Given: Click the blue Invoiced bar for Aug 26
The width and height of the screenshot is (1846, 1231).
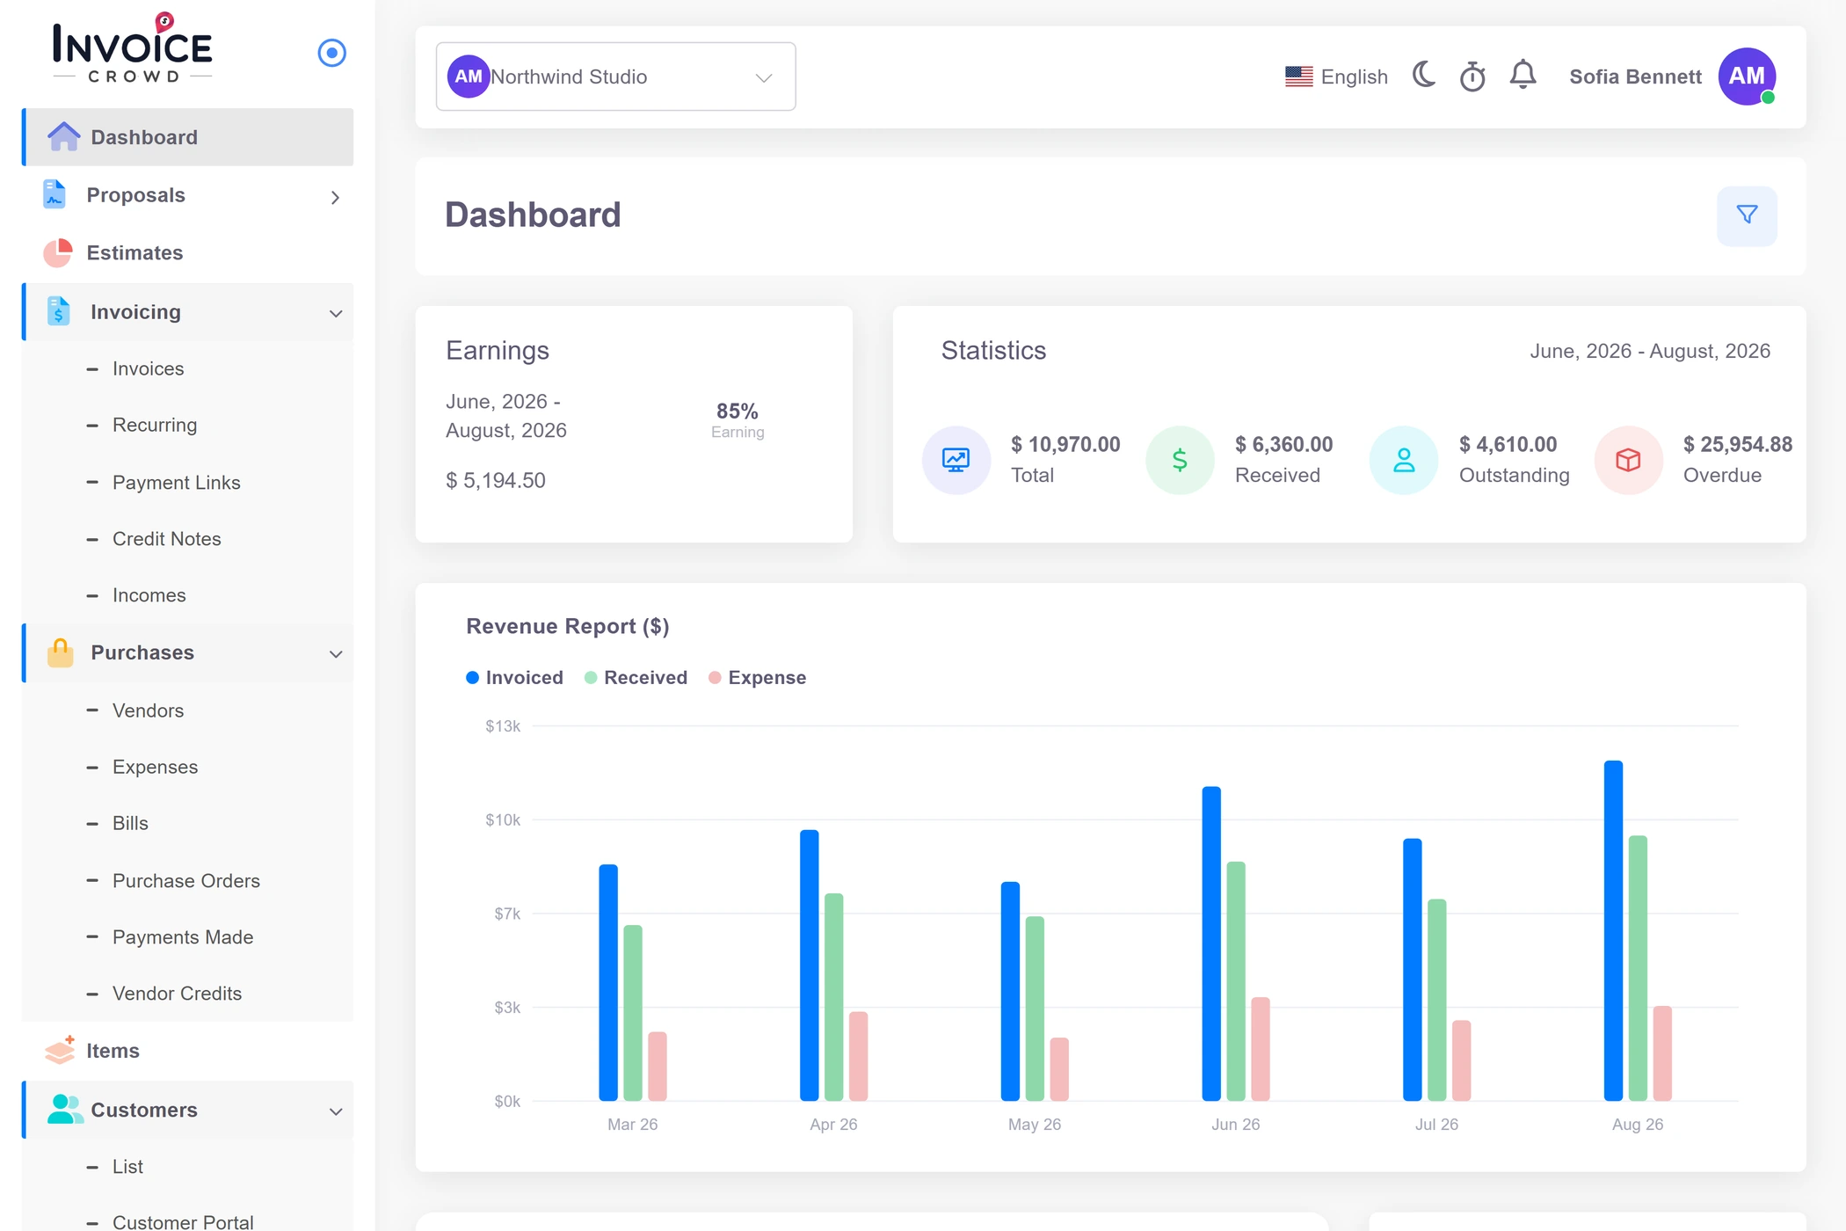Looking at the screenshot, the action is pyautogui.click(x=1613, y=930).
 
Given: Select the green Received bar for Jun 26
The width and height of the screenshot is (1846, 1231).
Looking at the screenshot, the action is pyautogui.click(x=1236, y=981).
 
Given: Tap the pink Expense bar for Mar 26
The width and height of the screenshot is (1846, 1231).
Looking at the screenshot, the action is pyautogui.click(x=658, y=1066).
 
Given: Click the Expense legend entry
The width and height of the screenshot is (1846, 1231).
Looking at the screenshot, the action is pyautogui.click(x=758, y=678).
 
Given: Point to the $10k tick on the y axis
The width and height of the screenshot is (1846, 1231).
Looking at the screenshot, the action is pyautogui.click(x=503, y=820).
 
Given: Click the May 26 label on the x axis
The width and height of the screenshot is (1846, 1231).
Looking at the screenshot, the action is pyautogui.click(x=1035, y=1125).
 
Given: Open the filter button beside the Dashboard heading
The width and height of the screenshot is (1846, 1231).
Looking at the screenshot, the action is pyautogui.click(x=1747, y=215).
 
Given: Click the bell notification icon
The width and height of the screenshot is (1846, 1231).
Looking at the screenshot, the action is pyautogui.click(x=1523, y=76).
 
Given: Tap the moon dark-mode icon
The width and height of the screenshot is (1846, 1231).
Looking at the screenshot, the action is pyautogui.click(x=1424, y=76).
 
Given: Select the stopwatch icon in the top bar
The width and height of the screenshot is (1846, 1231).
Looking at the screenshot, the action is pyautogui.click(x=1472, y=76).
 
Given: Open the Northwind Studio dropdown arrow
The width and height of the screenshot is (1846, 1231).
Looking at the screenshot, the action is pyautogui.click(x=764, y=77).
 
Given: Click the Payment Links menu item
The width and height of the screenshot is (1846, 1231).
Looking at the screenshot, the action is pyautogui.click(x=177, y=483).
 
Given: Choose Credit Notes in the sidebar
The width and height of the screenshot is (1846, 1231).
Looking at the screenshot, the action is pyautogui.click(x=167, y=539).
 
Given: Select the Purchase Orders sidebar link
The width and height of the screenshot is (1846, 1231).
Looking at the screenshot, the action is pyautogui.click(x=186, y=881).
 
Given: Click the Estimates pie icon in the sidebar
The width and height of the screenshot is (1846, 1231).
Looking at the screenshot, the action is pyautogui.click(x=58, y=253).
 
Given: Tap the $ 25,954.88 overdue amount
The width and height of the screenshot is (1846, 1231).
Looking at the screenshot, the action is pyautogui.click(x=1738, y=445).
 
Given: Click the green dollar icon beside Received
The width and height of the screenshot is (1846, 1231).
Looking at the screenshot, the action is pyautogui.click(x=1180, y=460).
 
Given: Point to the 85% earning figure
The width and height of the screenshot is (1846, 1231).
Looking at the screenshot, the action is pyautogui.click(x=737, y=411).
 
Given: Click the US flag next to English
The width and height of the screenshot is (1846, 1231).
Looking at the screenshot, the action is pyautogui.click(x=1299, y=76).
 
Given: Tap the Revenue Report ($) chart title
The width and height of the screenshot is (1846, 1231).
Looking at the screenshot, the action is pyautogui.click(x=568, y=626).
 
